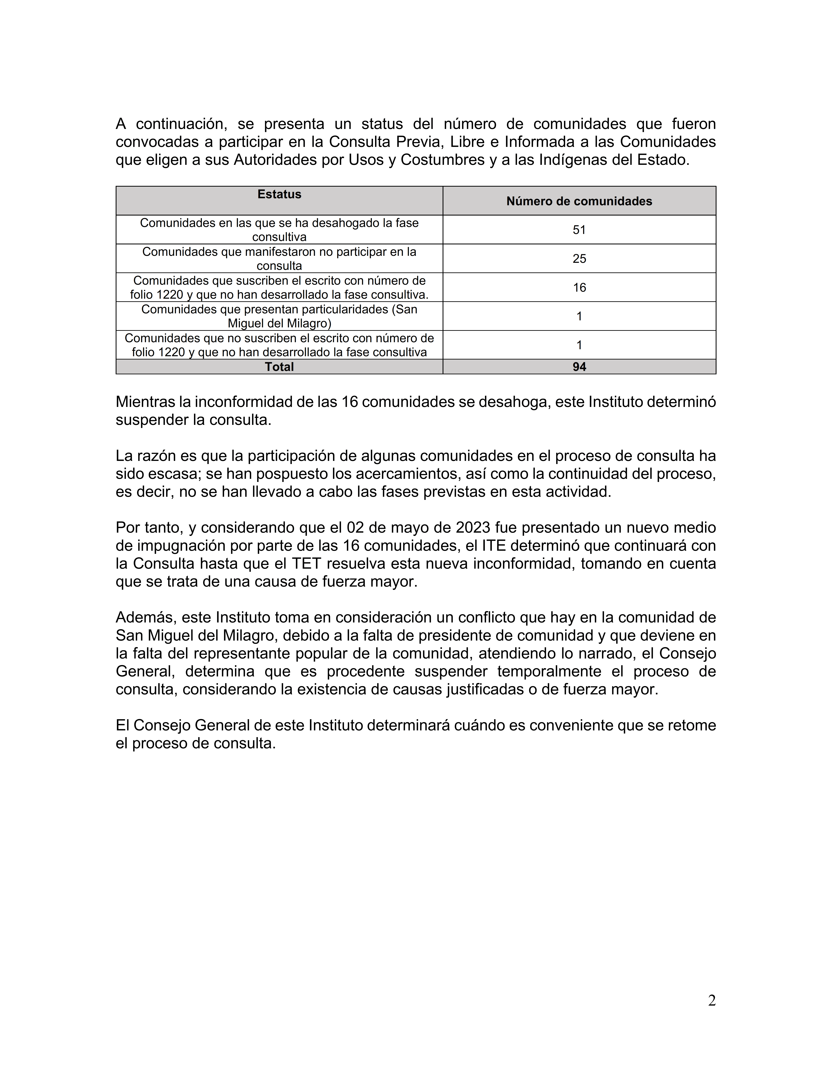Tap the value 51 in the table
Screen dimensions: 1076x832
579,230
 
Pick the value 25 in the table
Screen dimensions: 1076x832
579,259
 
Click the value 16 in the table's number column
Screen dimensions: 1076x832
579,287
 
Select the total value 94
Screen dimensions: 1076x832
579,366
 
